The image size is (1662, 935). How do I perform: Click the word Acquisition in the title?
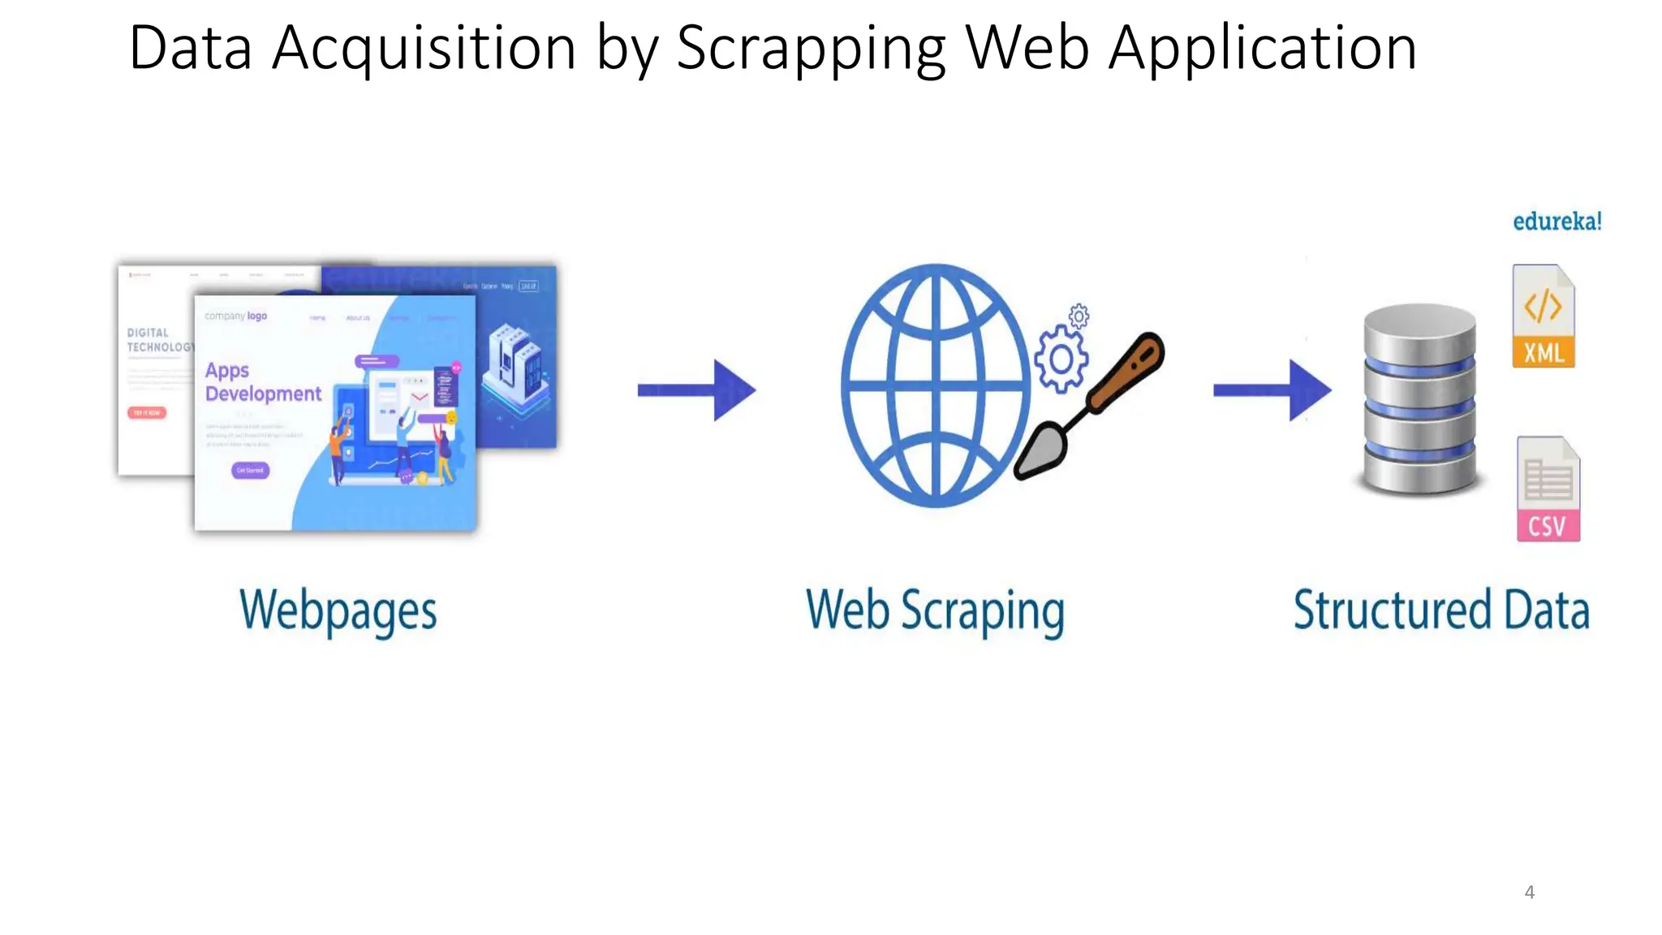pos(424,49)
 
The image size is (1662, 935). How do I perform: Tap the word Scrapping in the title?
pos(811,49)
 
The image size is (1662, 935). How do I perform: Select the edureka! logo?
pos(1557,222)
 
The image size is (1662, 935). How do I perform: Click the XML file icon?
pos(1543,317)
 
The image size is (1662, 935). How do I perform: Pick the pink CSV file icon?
pos(1548,489)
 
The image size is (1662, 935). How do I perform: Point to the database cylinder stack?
pos(1419,399)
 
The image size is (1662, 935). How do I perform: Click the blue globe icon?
pos(936,386)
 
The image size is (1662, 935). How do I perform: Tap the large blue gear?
pos(1060,359)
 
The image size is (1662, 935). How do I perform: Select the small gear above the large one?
pos(1079,316)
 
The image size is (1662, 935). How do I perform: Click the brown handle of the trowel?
pos(1127,373)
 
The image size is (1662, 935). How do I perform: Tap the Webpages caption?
pos(338,611)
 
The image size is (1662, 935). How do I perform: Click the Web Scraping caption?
pos(935,611)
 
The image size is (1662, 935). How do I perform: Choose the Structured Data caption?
pos(1440,611)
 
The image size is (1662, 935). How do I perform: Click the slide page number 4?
pos(1529,892)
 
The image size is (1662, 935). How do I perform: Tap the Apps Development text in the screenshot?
pos(263,382)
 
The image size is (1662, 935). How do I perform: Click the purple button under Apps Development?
pos(250,470)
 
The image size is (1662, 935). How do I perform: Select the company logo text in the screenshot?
pos(235,316)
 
